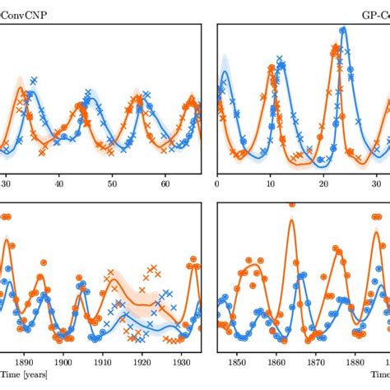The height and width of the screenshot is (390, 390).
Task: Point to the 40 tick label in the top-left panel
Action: pyautogui.click(x=58, y=186)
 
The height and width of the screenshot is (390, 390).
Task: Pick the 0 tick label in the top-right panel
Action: pyautogui.click(x=217, y=186)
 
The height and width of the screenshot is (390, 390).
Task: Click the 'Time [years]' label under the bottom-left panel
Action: pyautogui.click(x=23, y=375)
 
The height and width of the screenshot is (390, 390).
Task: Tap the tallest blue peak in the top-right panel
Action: pyautogui.click(x=342, y=30)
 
